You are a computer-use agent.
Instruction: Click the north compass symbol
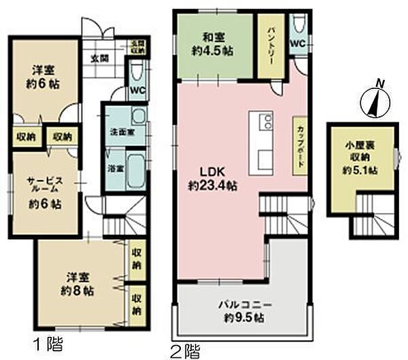coord(373,98)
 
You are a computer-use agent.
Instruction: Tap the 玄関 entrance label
coord(99,58)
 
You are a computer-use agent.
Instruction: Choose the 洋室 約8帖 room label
coord(80,284)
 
